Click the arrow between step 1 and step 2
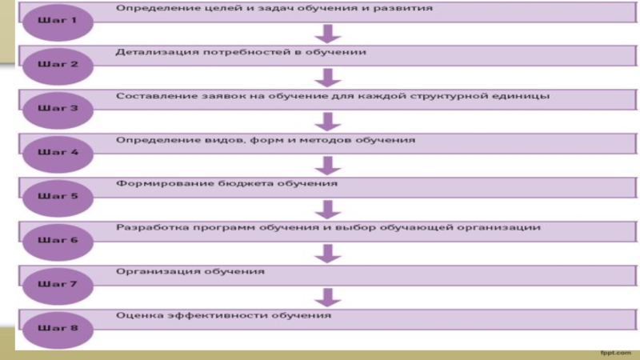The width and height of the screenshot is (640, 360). click(x=326, y=34)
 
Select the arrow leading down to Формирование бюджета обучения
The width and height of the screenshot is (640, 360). click(x=326, y=166)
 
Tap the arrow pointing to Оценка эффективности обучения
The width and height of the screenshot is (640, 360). click(x=326, y=297)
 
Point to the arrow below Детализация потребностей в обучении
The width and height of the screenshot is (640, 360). click(x=326, y=78)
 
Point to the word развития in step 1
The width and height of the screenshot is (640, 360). click(x=407, y=8)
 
